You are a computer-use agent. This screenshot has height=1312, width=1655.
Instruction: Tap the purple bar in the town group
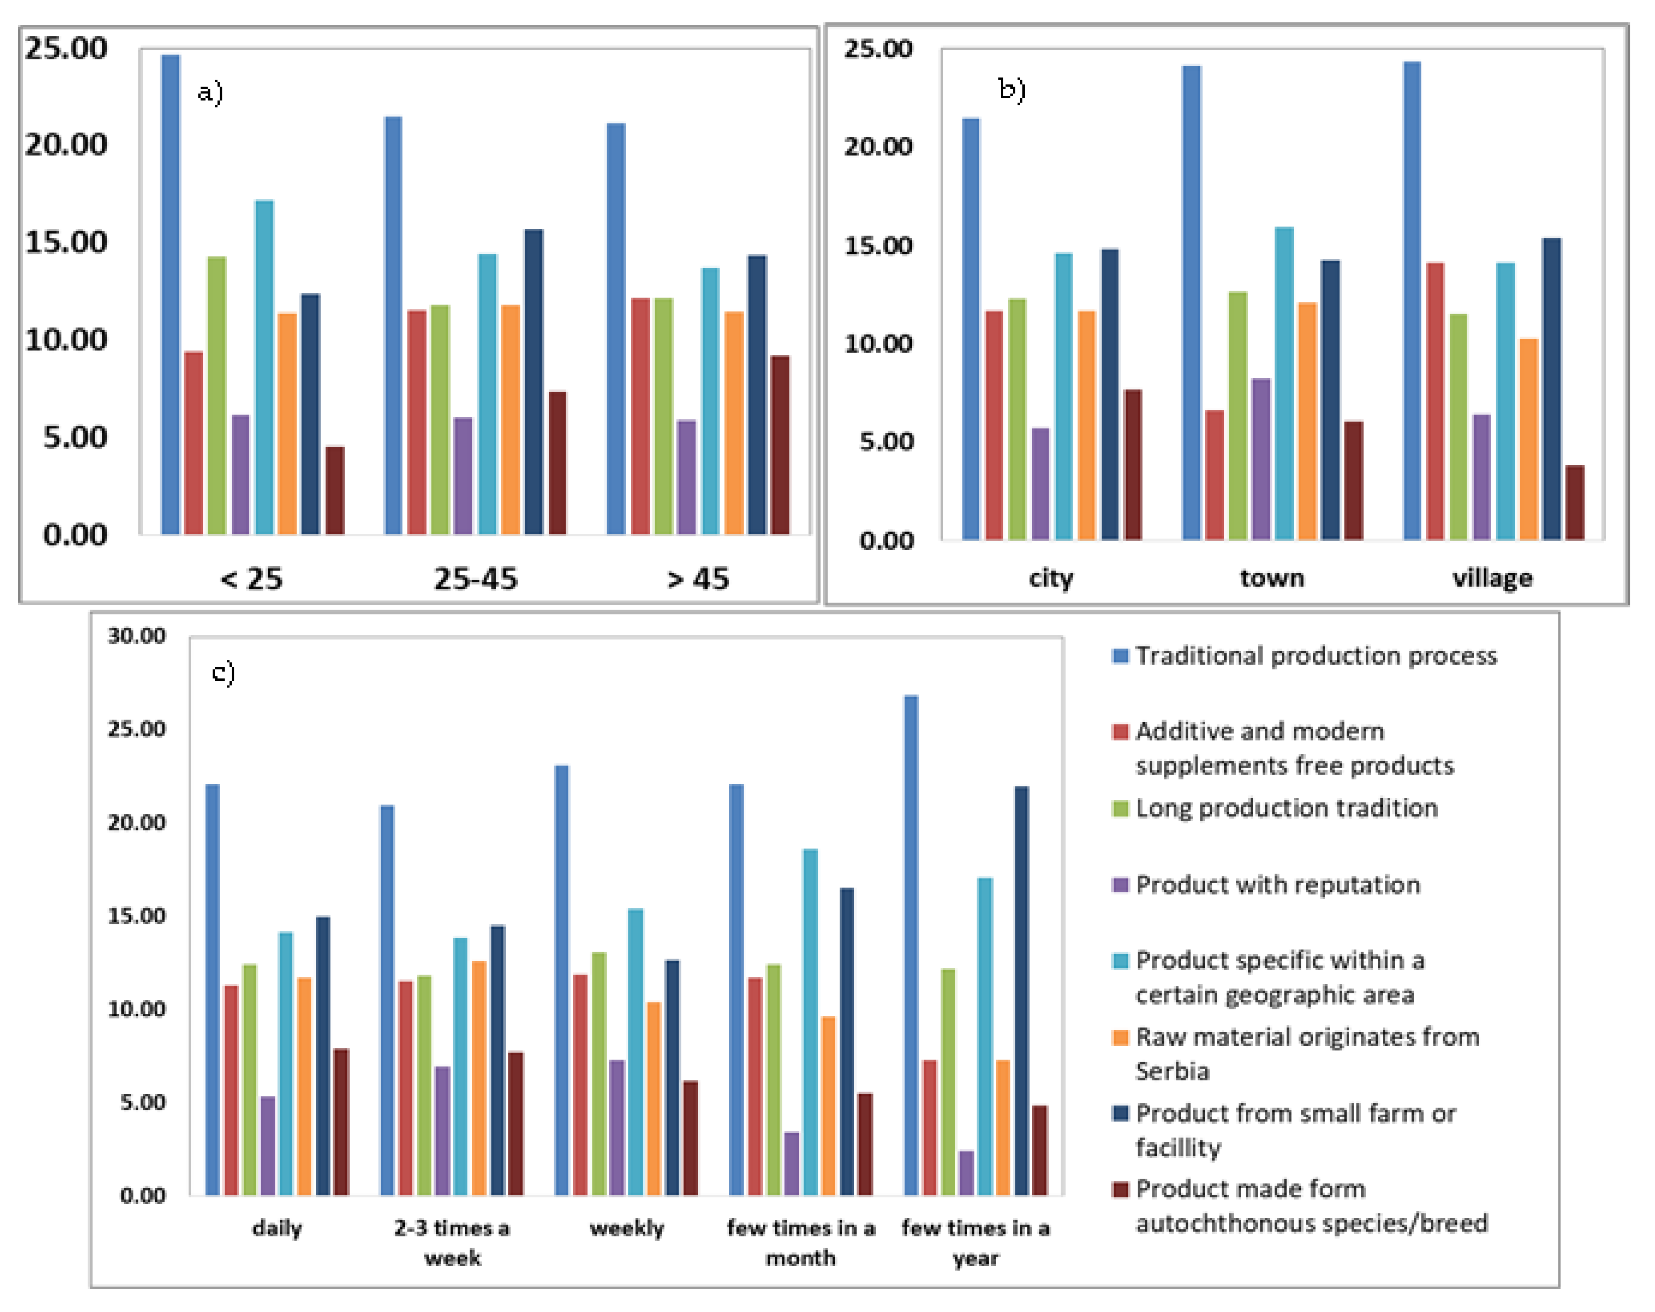[x=1261, y=459]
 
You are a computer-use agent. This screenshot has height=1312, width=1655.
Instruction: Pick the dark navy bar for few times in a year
[x=1022, y=990]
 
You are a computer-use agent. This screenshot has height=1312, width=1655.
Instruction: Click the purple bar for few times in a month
[x=792, y=1163]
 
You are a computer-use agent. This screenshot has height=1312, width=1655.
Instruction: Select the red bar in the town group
[x=1214, y=475]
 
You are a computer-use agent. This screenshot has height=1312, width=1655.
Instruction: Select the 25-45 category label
[x=476, y=579]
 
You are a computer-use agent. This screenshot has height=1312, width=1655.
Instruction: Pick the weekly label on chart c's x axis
[x=626, y=1228]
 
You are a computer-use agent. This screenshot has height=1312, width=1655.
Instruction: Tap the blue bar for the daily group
[x=212, y=989]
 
